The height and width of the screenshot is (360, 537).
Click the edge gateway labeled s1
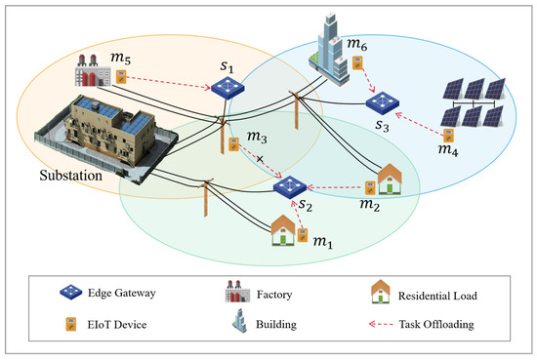[x=227, y=88]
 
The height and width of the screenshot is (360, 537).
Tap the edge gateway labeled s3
[x=378, y=100]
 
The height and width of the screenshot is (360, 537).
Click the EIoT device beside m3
[x=233, y=144]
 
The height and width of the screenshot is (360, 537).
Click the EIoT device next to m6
[x=358, y=64]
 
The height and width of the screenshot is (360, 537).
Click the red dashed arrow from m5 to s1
[x=170, y=81]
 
